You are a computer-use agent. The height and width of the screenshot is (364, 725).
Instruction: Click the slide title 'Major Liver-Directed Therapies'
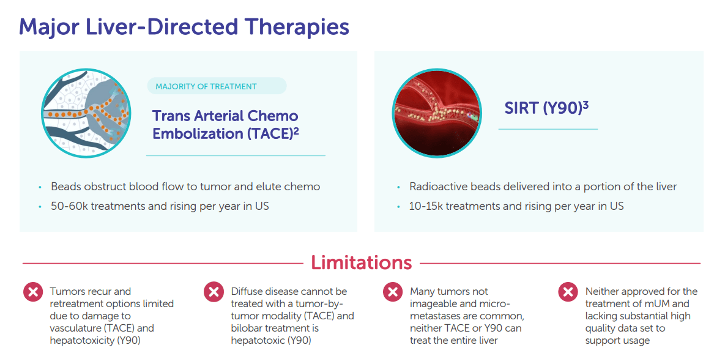click(184, 28)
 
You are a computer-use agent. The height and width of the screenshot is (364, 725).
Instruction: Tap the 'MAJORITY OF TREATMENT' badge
click(217, 86)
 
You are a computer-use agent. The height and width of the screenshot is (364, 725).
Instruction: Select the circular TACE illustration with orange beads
click(86, 113)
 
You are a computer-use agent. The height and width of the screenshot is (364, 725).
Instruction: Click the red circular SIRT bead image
click(437, 113)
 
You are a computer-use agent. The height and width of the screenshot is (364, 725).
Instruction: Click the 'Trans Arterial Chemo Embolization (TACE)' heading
click(226, 124)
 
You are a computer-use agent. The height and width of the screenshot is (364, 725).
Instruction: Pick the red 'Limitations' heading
click(361, 262)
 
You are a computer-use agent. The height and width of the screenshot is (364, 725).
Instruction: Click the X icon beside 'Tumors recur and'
click(33, 292)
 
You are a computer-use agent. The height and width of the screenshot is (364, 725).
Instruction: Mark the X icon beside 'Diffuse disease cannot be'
click(214, 292)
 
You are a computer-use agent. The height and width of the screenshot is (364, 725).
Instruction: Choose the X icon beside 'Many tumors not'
click(393, 292)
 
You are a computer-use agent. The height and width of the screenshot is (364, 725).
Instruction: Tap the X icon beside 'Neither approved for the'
click(568, 292)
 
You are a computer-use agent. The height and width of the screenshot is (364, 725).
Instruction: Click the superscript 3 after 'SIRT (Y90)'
click(586, 104)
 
